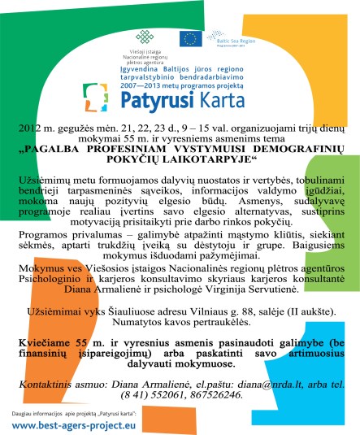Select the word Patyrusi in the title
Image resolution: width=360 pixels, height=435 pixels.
[169, 100]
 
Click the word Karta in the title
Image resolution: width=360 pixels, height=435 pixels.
[232, 100]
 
